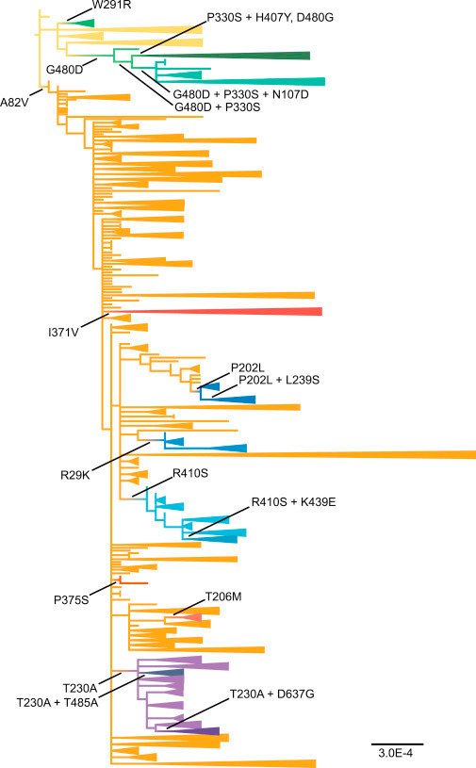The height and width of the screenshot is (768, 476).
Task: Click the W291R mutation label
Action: [x=111, y=6]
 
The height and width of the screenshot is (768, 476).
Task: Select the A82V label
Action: [x=15, y=103]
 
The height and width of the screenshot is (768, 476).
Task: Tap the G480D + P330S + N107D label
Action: [x=241, y=94]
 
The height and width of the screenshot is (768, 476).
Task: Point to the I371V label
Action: [x=63, y=333]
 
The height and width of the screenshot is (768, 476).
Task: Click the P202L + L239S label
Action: [x=279, y=380]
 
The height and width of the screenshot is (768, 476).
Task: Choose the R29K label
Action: [x=75, y=475]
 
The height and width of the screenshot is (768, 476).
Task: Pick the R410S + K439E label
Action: [x=294, y=502]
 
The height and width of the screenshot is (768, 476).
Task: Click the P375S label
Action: [x=72, y=599]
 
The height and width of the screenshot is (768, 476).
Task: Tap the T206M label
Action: [x=223, y=596]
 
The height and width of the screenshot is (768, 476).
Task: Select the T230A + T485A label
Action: [x=57, y=703]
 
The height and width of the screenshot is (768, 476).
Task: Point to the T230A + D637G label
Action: [x=272, y=694]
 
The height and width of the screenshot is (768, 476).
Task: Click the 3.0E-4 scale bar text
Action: [x=396, y=753]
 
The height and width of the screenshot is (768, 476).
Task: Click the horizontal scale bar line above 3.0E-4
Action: [x=397, y=744]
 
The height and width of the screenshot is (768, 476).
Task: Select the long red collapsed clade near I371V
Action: [x=215, y=312]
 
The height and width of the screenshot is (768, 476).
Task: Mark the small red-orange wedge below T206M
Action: [x=193, y=617]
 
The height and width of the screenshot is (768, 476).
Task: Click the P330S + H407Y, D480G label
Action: [x=271, y=18]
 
